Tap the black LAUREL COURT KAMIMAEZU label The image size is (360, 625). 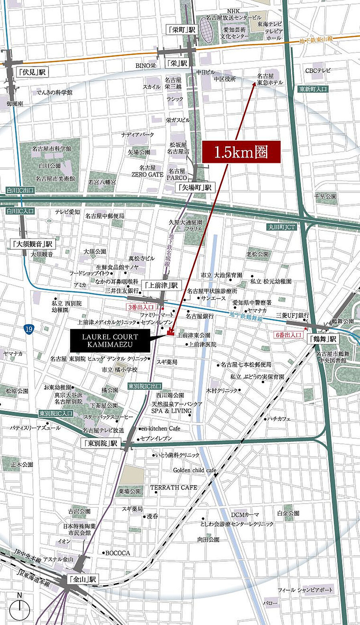[x=110, y=341]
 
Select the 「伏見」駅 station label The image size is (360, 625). [x=32, y=72]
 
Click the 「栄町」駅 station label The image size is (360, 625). [x=182, y=30]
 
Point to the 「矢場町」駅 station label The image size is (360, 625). [x=195, y=187]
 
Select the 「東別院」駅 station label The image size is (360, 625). [x=101, y=443]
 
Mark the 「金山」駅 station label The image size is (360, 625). [x=83, y=579]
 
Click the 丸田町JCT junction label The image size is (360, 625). [x=281, y=227]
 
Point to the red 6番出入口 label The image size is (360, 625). [x=287, y=335]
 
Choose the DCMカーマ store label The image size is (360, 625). [x=245, y=514]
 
